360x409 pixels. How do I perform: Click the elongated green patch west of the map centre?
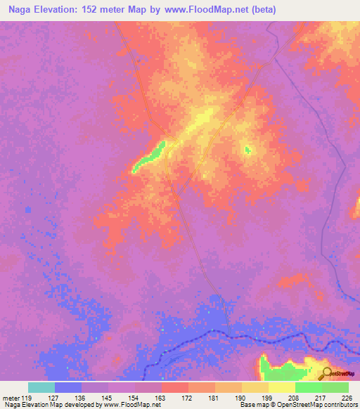pyautogui.click(x=150, y=157)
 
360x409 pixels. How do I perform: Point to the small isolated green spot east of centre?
pyautogui.click(x=247, y=149)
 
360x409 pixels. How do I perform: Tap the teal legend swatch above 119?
pyautogui.click(x=41, y=387)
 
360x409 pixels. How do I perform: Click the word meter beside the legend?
pyautogui.click(x=13, y=398)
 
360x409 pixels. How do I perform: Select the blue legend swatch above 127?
pyautogui.click(x=68, y=387)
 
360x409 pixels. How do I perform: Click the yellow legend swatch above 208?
pyautogui.click(x=282, y=387)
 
